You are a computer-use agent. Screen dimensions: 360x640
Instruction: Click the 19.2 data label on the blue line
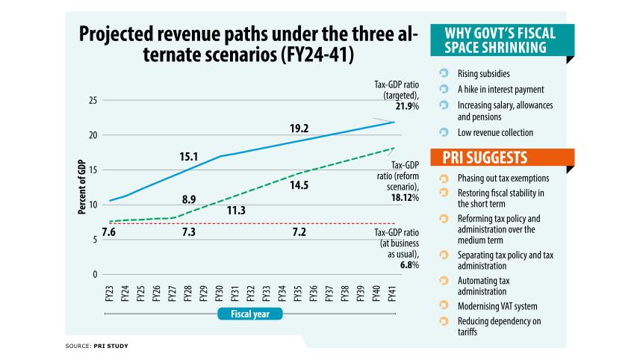pos(299,128)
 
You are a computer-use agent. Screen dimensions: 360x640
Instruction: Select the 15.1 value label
pos(189,157)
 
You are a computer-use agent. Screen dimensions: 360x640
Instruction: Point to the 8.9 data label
pos(189,199)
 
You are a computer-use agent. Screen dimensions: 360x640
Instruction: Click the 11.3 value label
pos(236,211)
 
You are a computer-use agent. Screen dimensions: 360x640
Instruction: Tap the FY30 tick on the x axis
pos(220,294)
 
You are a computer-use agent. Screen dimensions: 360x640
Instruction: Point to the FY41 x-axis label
pos(392,294)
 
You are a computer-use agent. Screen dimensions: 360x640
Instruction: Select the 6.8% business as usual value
pos(409,264)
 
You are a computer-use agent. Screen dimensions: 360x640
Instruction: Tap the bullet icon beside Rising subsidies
pos(444,74)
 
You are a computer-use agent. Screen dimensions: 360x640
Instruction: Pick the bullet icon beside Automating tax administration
pos(444,281)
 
